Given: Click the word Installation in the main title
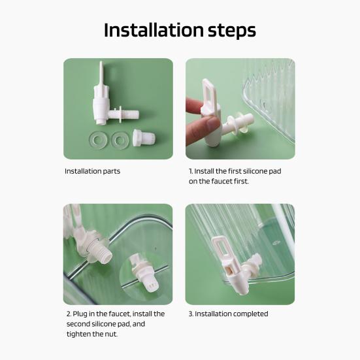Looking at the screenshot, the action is tap(154, 30).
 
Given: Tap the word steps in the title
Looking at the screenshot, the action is tap(232, 31).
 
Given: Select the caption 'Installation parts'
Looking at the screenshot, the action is tap(92, 171).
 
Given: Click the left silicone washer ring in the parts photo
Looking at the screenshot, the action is tap(97, 140).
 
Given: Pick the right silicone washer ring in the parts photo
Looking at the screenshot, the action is tap(120, 140).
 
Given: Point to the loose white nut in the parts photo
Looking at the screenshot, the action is tap(144, 138).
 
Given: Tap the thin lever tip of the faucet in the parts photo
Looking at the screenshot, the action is tap(101, 71).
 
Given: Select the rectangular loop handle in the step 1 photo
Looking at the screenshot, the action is tap(208, 93).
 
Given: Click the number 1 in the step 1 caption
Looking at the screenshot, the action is tap(191, 171).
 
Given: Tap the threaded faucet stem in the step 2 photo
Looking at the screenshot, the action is tap(101, 253).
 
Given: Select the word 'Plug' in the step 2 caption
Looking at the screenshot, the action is tap(80, 314).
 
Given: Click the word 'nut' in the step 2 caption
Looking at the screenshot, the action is tap(111, 334).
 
